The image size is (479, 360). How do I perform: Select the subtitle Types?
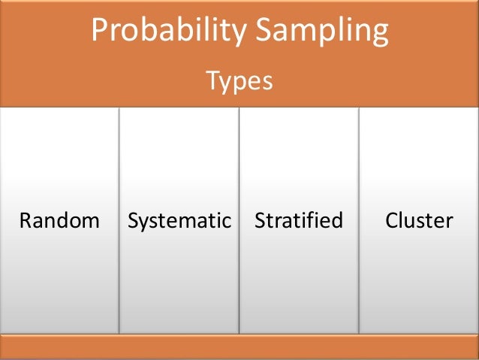(x=239, y=80)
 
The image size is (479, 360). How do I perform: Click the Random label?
(x=59, y=221)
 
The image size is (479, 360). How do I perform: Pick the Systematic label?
(x=179, y=221)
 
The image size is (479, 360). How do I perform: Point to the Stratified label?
(x=299, y=221)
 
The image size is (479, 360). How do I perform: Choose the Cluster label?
(x=419, y=221)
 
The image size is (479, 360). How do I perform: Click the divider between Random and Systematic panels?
(x=119, y=221)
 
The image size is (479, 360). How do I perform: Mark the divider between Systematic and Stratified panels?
(x=239, y=221)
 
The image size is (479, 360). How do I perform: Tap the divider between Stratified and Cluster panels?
(x=359, y=221)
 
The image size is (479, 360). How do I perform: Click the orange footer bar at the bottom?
(x=239, y=346)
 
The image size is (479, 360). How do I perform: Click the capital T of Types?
(x=212, y=80)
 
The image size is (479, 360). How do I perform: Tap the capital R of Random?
(x=25, y=221)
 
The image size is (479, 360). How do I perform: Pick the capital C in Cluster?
(x=392, y=221)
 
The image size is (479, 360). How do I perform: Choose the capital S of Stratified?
(x=261, y=221)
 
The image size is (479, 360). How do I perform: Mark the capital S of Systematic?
(x=134, y=221)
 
